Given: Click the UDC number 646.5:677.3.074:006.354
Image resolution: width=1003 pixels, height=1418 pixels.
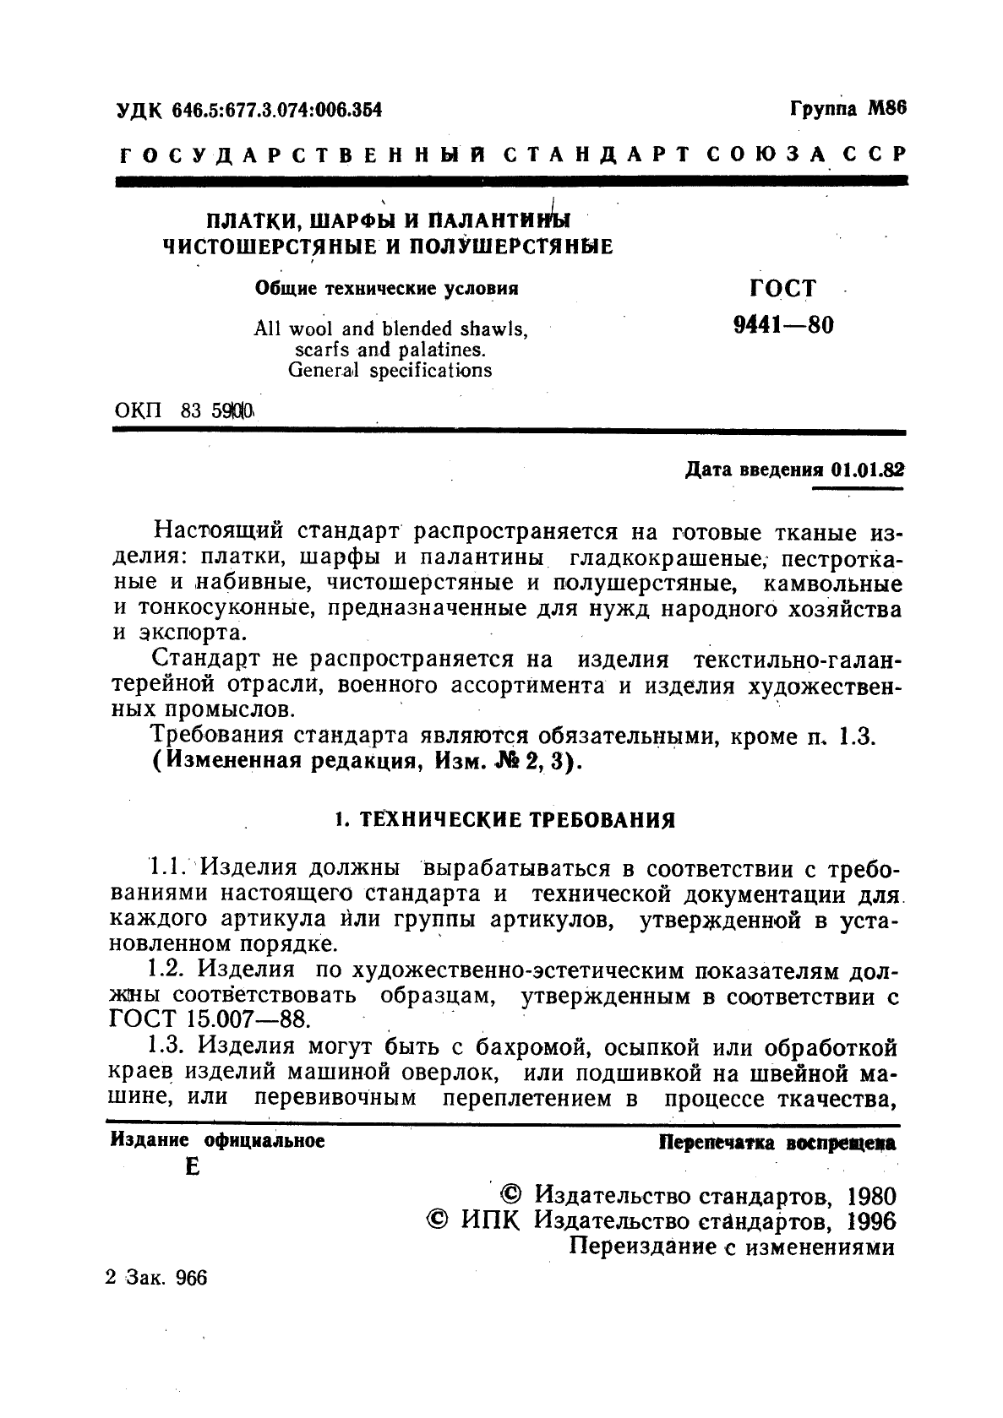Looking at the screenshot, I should (x=276, y=110).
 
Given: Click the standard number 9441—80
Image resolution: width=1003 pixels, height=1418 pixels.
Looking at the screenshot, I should (x=782, y=325).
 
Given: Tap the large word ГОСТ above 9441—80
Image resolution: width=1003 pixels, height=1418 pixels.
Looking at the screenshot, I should (x=782, y=289).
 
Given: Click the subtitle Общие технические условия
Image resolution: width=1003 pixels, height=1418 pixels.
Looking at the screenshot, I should (x=386, y=289).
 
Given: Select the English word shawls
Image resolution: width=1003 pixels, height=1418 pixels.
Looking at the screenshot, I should (x=491, y=329).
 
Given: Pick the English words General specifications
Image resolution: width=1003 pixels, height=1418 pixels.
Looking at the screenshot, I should (x=390, y=370).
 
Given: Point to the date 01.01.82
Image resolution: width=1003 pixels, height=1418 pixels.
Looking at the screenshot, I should (x=867, y=470).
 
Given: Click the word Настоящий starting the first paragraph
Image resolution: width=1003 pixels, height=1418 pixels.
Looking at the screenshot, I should (x=219, y=533).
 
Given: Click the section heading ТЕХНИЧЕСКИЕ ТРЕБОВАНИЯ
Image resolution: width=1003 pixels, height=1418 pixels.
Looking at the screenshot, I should (x=517, y=820).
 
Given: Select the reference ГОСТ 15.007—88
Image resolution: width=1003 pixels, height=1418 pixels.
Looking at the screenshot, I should (x=206, y=1019).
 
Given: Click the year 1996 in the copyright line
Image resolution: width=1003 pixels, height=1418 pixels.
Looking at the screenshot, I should (x=870, y=1221).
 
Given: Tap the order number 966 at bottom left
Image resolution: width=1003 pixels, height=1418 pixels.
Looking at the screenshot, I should (x=190, y=1278).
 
